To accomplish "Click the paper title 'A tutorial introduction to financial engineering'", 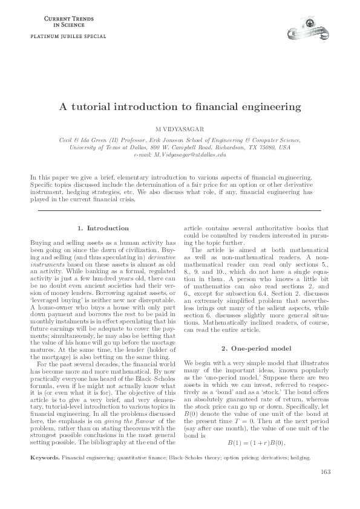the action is (180, 107).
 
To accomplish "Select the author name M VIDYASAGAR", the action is (180, 129).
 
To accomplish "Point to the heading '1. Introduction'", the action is (103, 228).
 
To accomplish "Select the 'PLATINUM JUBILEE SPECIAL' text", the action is (64, 36).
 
